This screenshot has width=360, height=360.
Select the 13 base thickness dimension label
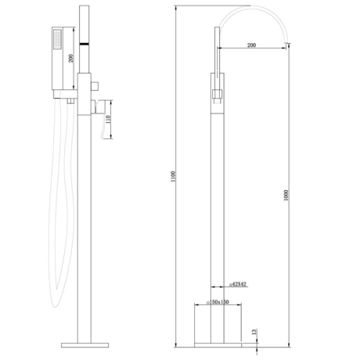tap(253, 333)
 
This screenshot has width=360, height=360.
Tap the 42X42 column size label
tap(239, 283)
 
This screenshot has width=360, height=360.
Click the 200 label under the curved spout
tap(252, 46)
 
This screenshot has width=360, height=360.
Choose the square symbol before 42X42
tap(230, 283)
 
